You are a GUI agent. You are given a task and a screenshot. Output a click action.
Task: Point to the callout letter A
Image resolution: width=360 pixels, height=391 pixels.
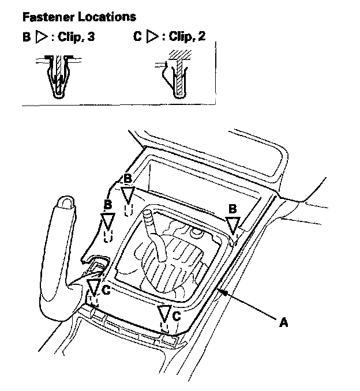(x=283, y=324)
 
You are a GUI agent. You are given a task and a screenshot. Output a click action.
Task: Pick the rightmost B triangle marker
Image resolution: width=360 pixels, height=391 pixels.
(x=232, y=224)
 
